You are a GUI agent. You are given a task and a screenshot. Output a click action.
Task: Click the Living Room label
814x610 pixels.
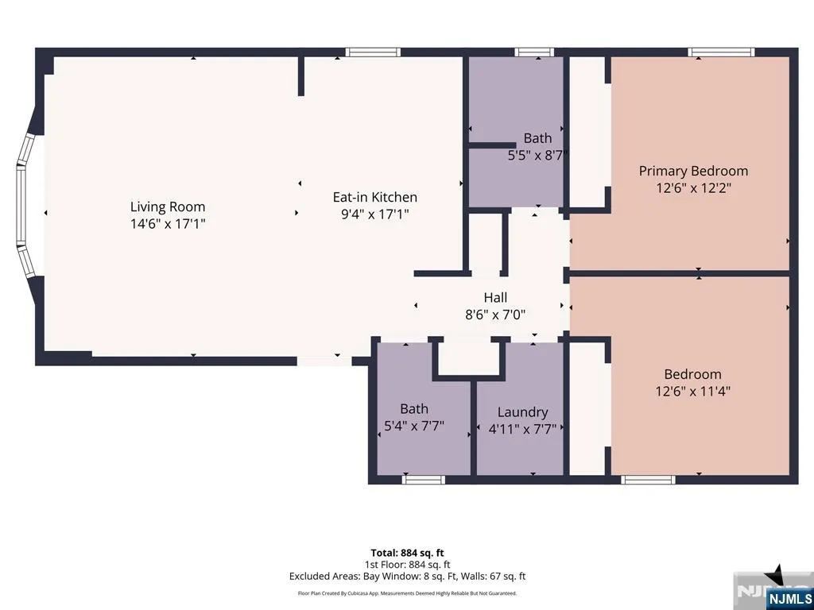[x=168, y=207]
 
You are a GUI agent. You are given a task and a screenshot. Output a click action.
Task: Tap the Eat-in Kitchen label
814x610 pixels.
[x=375, y=197]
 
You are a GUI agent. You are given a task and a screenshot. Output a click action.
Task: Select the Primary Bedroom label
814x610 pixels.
[x=693, y=172]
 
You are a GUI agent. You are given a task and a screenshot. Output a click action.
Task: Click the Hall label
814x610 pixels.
[x=495, y=298]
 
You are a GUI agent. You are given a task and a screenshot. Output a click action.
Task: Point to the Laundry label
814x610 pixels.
[x=522, y=412]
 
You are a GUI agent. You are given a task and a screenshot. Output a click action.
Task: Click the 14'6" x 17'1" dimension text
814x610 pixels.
[x=168, y=224]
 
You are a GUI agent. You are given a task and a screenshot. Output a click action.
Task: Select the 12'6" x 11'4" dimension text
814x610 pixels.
[x=692, y=391]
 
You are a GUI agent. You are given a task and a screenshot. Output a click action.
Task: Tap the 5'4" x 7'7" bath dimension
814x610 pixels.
[x=413, y=426]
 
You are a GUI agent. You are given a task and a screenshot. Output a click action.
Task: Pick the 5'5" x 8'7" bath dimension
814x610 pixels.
[x=537, y=155]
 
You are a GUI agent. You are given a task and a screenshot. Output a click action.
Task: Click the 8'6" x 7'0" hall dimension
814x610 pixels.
[x=495, y=315]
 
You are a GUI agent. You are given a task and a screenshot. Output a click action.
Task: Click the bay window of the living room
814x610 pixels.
[x=25, y=205]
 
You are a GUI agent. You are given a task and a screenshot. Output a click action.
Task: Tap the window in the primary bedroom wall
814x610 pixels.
[x=721, y=52]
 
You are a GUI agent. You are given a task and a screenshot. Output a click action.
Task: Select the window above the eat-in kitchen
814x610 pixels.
[x=373, y=52]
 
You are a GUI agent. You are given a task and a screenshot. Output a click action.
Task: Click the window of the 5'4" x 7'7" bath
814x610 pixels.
[x=424, y=480]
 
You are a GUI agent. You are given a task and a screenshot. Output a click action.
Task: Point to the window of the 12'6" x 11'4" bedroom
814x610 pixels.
[x=648, y=480]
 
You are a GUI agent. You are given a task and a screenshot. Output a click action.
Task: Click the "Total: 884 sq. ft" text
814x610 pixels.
[x=407, y=553]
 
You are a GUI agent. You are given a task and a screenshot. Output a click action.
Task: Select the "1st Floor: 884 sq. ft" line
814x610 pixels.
[x=407, y=565]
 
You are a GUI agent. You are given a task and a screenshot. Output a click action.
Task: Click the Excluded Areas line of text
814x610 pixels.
[x=407, y=577]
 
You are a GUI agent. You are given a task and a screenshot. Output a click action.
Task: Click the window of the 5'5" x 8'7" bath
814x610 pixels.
[x=534, y=52]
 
